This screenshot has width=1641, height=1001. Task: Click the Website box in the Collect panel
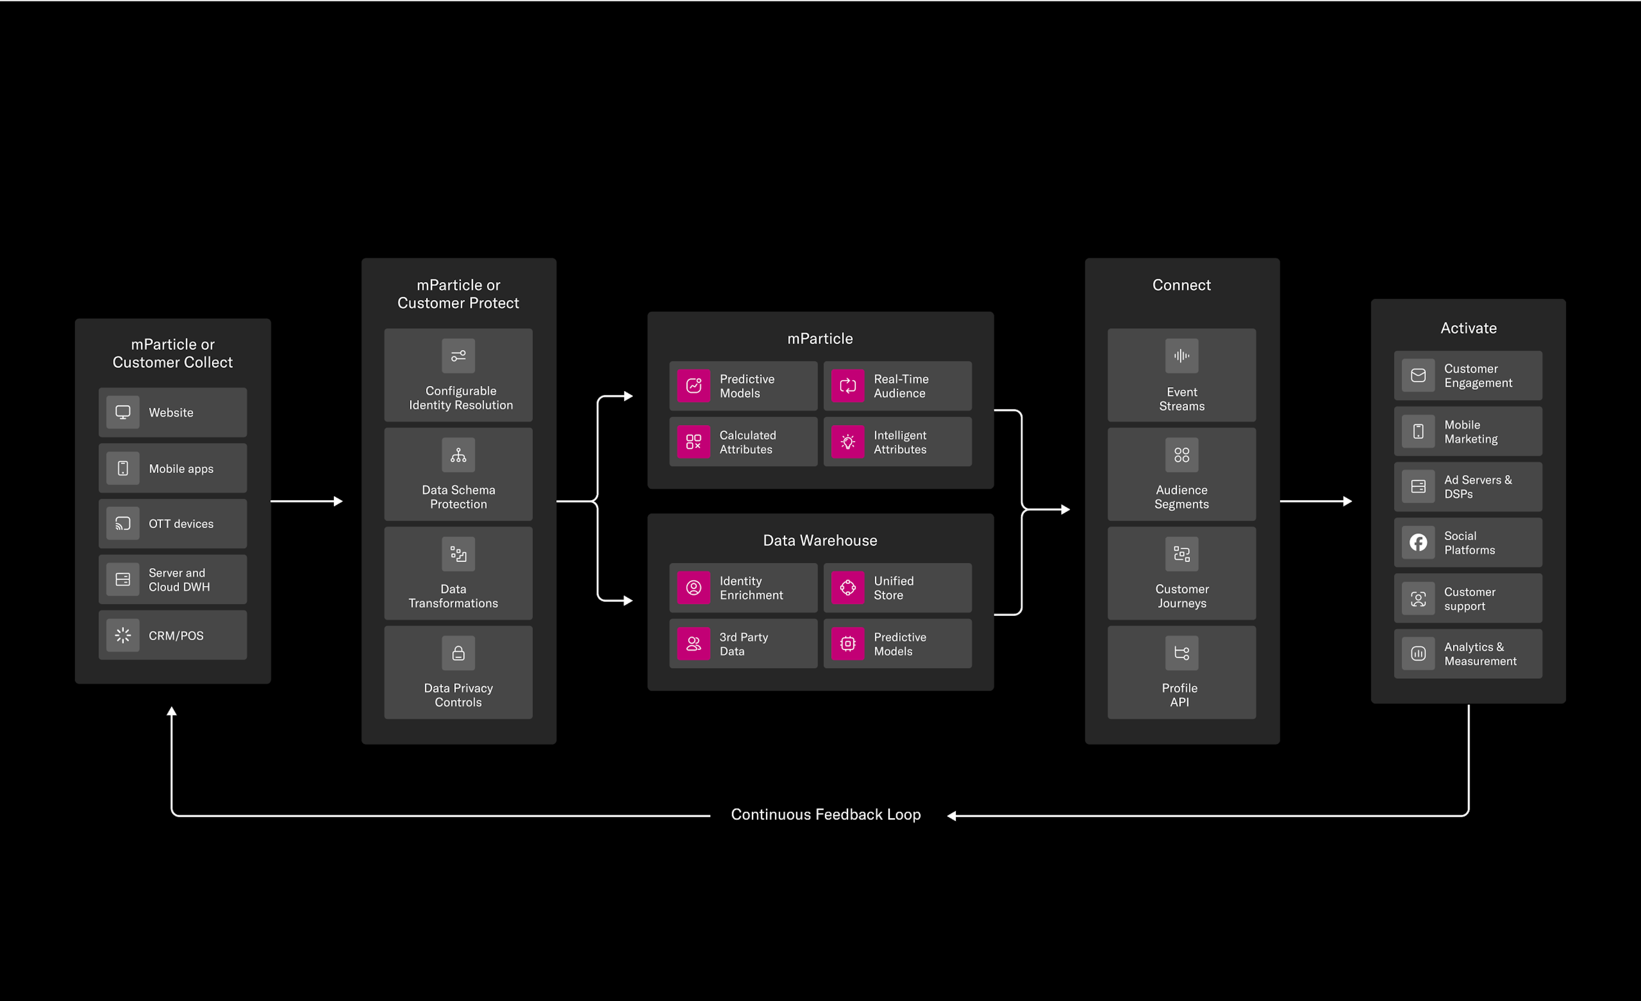(173, 412)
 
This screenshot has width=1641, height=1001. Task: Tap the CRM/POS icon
(123, 636)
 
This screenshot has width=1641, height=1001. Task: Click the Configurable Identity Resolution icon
(458, 356)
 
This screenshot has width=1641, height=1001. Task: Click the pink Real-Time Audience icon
(847, 386)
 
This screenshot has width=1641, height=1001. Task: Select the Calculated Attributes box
(743, 442)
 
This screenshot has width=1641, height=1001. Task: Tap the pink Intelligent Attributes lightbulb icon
(847, 442)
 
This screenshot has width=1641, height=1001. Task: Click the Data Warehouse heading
(820, 540)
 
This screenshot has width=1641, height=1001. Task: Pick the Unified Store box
(897, 587)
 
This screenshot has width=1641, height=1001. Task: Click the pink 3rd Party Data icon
(693, 643)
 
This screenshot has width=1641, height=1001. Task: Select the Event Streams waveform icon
(1182, 356)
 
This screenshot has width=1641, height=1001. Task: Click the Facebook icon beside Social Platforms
(1418, 542)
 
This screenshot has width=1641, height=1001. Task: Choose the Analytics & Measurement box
(1468, 654)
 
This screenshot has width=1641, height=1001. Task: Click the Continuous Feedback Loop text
(826, 815)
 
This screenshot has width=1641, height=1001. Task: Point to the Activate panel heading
(1468, 328)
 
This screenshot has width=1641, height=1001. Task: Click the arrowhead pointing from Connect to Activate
(1348, 501)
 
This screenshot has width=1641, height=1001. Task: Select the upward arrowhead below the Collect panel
(172, 711)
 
